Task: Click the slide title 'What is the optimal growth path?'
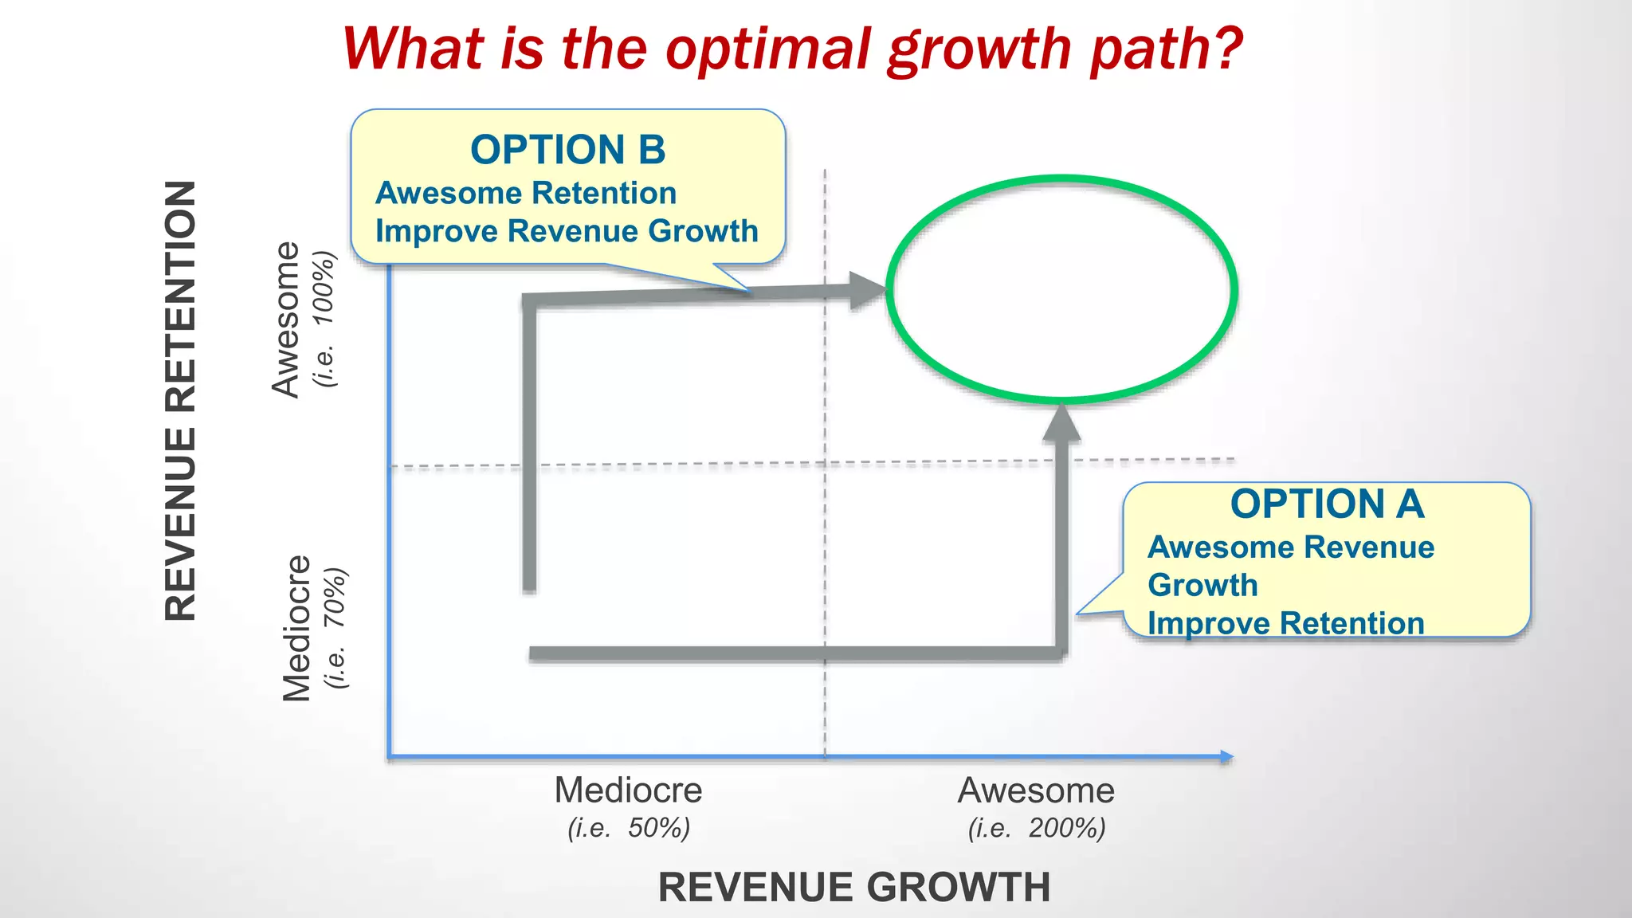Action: (x=792, y=49)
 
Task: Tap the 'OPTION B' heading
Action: (x=567, y=150)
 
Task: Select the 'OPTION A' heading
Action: (x=1327, y=504)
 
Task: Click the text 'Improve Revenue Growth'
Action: (x=567, y=231)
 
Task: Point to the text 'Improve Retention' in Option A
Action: (x=1285, y=623)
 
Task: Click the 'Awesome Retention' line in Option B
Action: (x=526, y=193)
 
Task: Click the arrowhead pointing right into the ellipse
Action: (x=868, y=290)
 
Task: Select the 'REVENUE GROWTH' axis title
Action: (x=854, y=887)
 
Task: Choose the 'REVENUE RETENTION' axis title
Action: (x=181, y=400)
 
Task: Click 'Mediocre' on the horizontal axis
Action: (x=628, y=790)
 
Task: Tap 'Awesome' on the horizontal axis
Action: (x=1036, y=790)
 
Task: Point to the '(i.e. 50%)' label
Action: (x=629, y=828)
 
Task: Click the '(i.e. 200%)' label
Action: (x=1037, y=828)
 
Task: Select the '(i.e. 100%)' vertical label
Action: (x=325, y=319)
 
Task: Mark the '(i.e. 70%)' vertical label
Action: (x=335, y=628)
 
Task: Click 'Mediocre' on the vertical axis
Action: (x=296, y=628)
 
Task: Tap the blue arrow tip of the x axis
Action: (x=1227, y=757)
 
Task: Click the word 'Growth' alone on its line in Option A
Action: (x=1202, y=585)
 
